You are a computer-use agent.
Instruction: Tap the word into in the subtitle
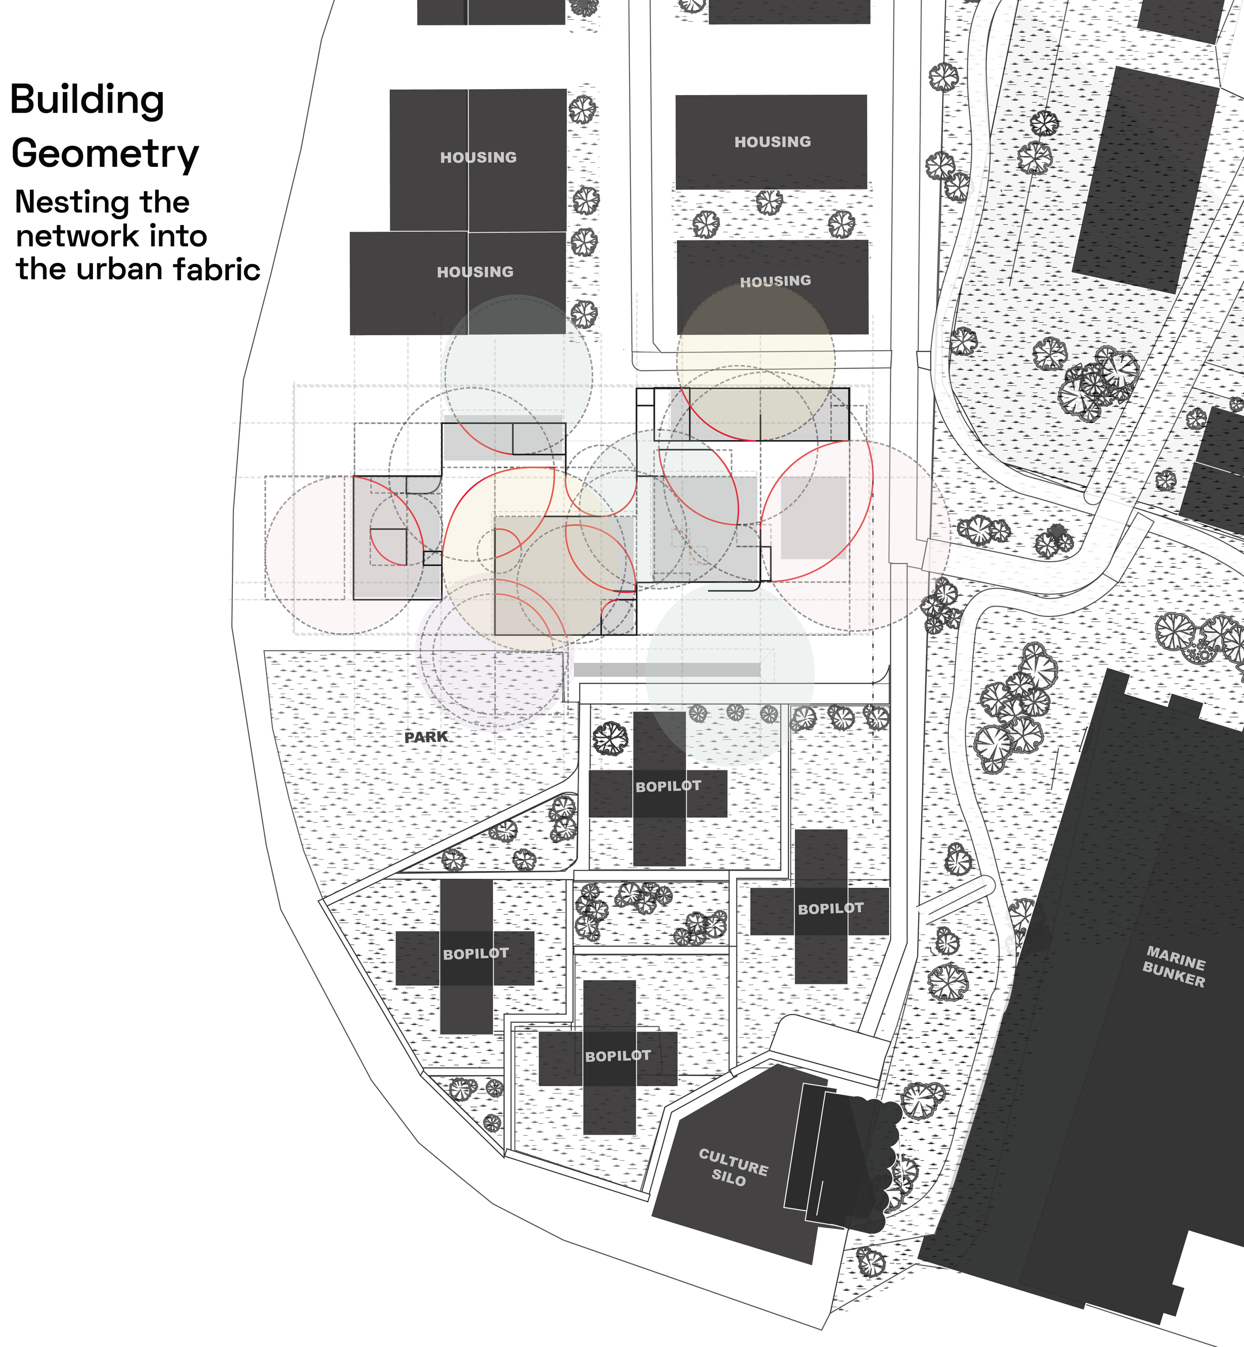point(178,236)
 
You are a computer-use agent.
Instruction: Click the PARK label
point(426,737)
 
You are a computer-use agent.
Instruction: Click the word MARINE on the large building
point(1176,957)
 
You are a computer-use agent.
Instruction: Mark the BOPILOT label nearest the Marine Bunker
point(830,909)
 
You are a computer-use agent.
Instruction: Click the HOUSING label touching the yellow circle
point(775,281)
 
